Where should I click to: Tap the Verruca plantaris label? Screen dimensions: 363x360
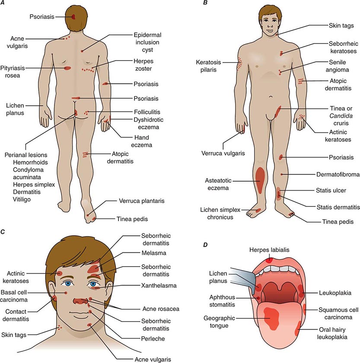coord(140,201)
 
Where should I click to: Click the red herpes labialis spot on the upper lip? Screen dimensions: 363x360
coord(270,260)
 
